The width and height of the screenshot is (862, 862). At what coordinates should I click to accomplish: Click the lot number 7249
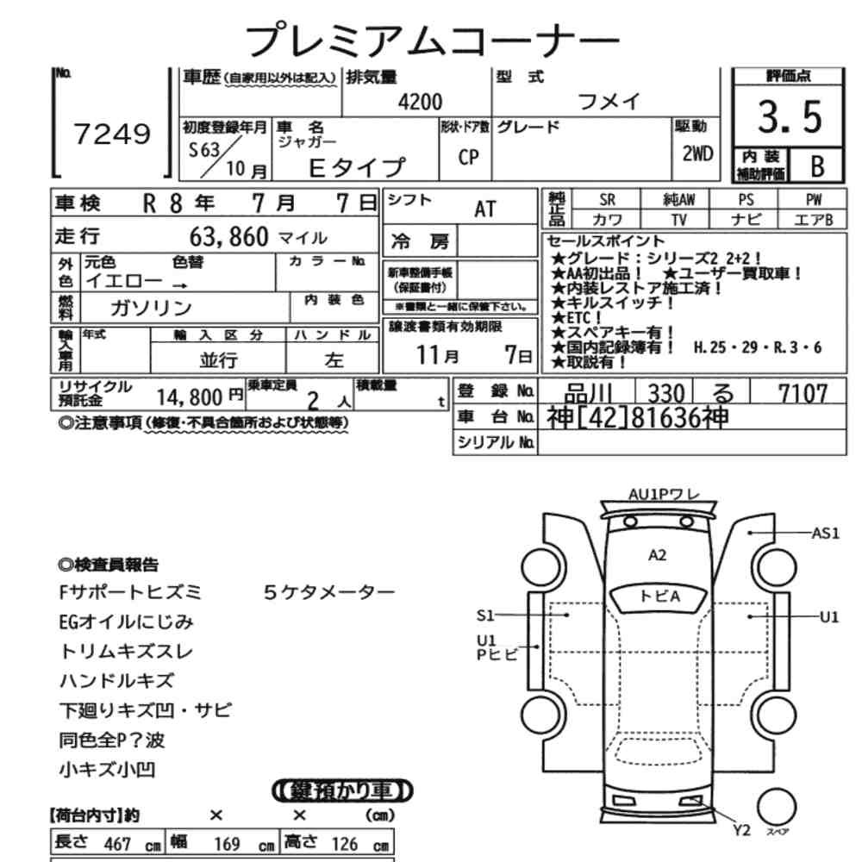[x=112, y=134]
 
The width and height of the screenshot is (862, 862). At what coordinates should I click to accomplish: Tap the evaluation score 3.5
[x=790, y=116]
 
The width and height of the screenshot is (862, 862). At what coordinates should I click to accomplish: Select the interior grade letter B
[x=817, y=166]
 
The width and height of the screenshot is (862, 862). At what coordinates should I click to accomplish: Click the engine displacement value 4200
[x=420, y=103]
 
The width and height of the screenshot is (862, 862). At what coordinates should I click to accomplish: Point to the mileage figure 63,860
[x=228, y=237]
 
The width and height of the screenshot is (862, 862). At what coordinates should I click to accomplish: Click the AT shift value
[x=484, y=209]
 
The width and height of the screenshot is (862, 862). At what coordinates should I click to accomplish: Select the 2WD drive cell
[x=697, y=154]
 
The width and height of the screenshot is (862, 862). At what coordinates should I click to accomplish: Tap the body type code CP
[x=468, y=158]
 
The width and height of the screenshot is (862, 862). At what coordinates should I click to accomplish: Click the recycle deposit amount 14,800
[x=190, y=397]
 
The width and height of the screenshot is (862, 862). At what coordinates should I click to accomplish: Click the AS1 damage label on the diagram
[x=826, y=533]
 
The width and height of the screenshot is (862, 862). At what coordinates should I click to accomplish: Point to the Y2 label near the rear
[x=741, y=830]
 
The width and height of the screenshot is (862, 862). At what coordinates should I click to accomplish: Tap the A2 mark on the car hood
[x=657, y=555]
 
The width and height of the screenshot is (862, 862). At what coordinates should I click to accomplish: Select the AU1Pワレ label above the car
[x=664, y=494]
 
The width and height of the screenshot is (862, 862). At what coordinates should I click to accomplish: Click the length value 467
[x=117, y=844]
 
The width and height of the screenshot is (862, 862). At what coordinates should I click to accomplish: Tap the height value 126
[x=345, y=844]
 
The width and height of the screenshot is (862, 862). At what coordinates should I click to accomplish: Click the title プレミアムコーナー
[x=432, y=39]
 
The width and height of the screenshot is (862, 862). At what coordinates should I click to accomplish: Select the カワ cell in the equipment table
[x=608, y=220]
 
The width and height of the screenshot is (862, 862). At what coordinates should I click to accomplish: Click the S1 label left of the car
[x=485, y=615]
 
